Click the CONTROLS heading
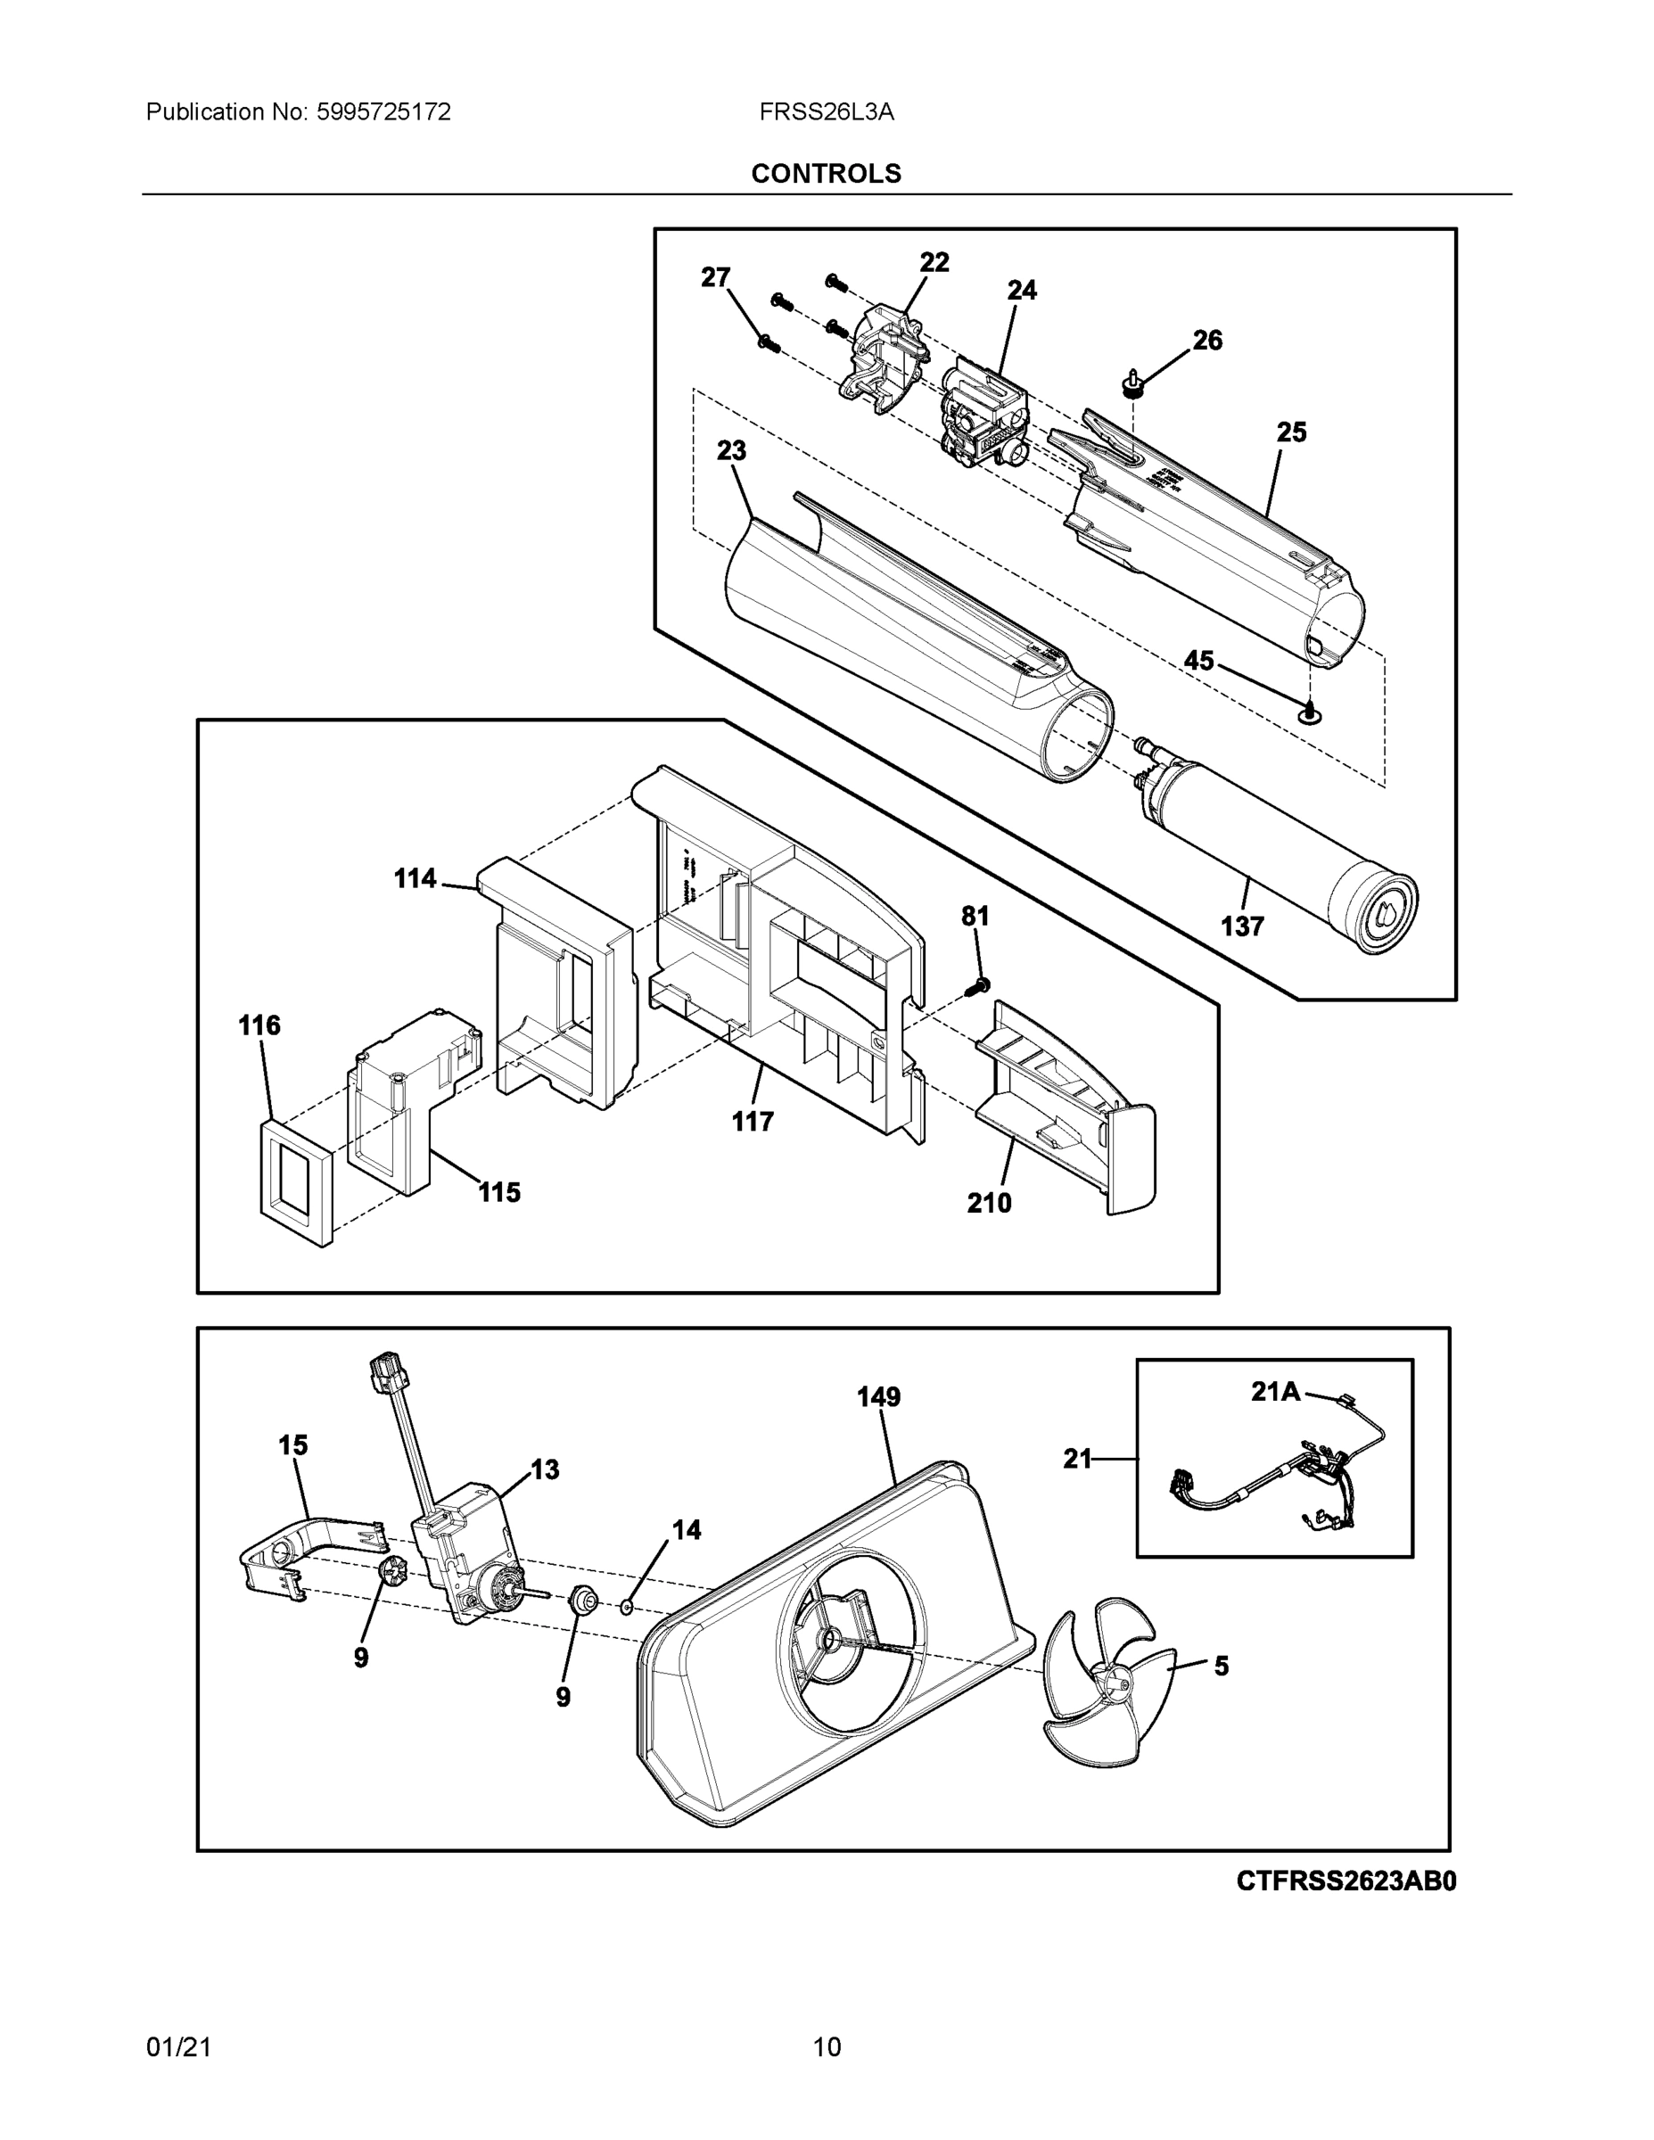coord(826,174)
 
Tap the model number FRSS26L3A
coord(826,112)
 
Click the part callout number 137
coord(1241,926)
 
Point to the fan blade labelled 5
coord(1108,1680)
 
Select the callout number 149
coord(878,1396)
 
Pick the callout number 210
coord(989,1202)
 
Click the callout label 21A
coord(1275,1390)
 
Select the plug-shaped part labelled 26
coord(1133,383)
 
